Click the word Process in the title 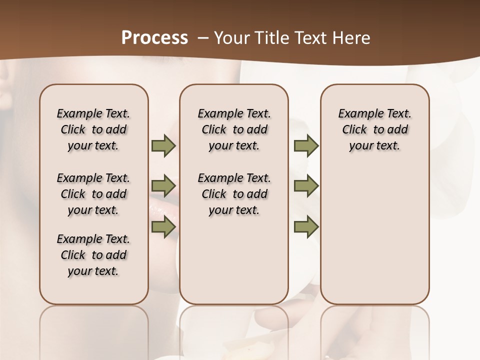154,37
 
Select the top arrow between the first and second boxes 163,145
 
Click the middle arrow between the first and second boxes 163,186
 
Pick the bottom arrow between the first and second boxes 163,226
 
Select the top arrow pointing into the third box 306,145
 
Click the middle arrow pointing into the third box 306,186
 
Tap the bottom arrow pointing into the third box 306,226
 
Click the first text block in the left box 93,129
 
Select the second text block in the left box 93,194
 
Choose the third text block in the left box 93,255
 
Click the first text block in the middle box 234,129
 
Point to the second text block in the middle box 234,194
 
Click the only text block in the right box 374,129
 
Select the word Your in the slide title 229,38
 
